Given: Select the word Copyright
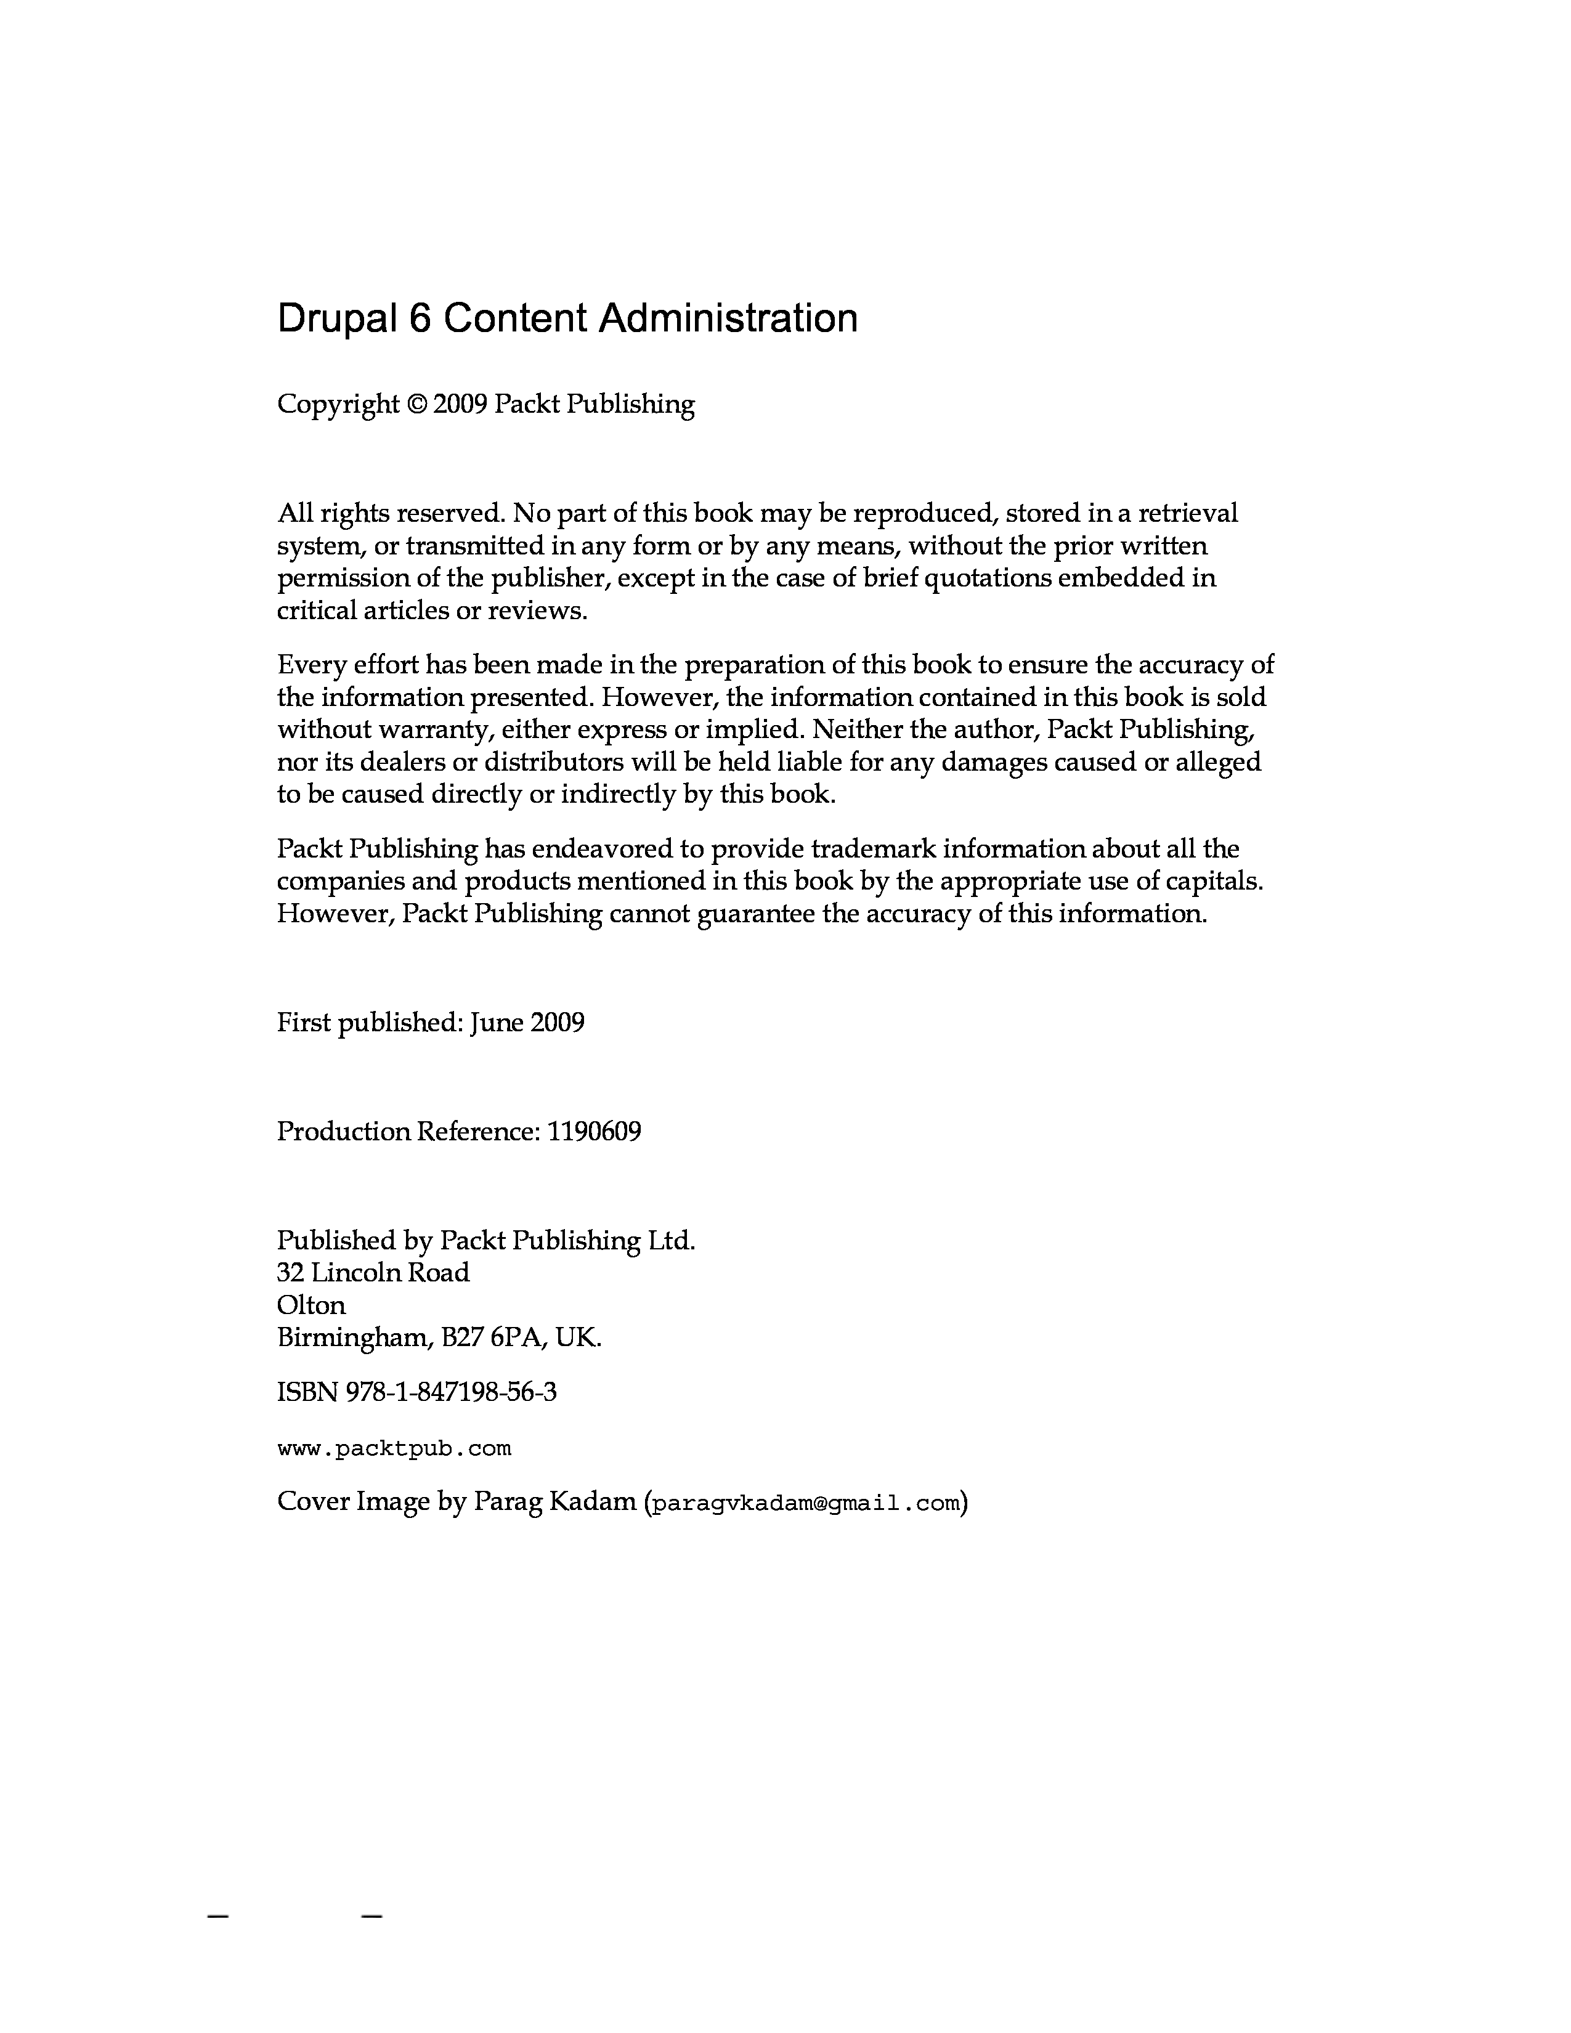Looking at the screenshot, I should pos(338,405).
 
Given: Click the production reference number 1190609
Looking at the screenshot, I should pos(594,1132).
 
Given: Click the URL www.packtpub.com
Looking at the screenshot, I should pos(395,1448).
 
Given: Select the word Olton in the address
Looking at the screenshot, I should pos(311,1305).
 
